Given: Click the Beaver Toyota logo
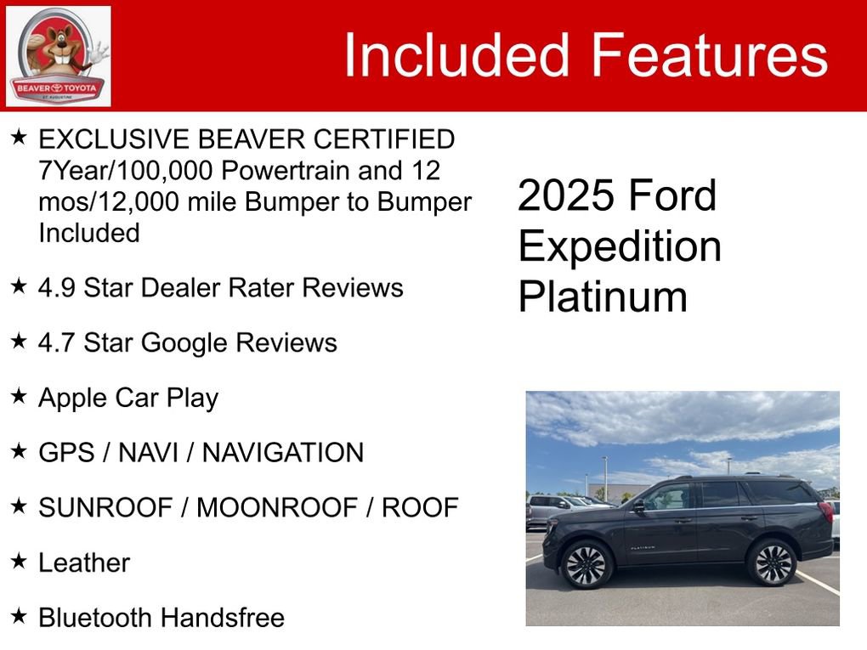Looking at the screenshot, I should [x=58, y=56].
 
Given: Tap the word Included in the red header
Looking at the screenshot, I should [x=456, y=55].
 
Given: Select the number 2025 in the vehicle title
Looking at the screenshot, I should [x=566, y=196].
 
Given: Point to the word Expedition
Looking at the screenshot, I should [x=620, y=246].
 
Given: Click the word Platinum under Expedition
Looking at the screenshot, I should [x=603, y=297].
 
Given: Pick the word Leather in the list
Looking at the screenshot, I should [x=84, y=562].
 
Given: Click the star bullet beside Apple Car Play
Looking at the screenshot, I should [x=19, y=397].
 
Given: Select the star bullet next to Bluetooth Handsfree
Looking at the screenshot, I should [x=19, y=617].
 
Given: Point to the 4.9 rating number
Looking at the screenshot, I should [x=56, y=287].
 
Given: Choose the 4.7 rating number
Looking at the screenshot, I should [x=56, y=342].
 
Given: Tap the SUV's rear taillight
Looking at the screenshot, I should [x=825, y=512].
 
